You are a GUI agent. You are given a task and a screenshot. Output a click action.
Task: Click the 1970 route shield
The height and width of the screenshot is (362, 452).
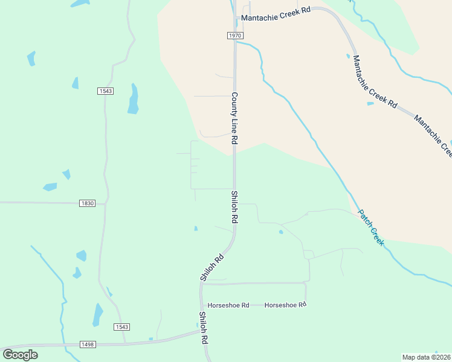coord(236,36)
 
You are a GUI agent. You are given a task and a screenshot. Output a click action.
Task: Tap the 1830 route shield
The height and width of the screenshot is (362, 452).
coord(88,203)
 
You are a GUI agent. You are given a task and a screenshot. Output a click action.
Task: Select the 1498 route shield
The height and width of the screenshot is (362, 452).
coord(88,345)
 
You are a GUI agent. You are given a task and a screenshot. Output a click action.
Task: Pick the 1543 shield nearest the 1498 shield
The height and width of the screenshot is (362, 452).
coord(121,327)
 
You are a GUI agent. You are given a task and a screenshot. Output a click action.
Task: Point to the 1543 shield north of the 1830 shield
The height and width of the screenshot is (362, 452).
coord(105,91)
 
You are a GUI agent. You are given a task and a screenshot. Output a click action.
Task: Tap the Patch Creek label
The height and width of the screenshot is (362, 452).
coord(371,226)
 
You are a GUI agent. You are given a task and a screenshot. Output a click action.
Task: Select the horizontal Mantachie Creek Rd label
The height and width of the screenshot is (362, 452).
coord(275,18)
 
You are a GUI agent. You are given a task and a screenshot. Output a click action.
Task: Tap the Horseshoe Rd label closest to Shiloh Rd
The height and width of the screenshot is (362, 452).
coord(228,305)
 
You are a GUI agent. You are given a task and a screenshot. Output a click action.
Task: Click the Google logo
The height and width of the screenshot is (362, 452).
coord(20,355)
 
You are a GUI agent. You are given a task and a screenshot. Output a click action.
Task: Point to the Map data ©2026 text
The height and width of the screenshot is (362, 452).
coord(426,357)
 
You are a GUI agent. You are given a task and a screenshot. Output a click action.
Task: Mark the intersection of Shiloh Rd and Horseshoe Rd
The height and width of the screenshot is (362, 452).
coord(201,305)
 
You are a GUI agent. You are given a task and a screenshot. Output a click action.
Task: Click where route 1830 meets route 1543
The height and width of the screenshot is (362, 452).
coord(106,204)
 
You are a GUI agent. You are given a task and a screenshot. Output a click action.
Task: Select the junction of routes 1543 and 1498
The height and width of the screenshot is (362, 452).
coord(124,343)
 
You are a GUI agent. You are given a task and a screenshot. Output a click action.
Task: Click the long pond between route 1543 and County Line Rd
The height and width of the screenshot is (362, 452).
coord(133,100)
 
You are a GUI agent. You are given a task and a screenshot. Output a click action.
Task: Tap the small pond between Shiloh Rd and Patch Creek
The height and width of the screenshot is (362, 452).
coord(280,232)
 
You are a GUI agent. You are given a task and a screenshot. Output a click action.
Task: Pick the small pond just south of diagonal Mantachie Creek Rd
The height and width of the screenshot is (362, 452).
coord(370,103)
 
